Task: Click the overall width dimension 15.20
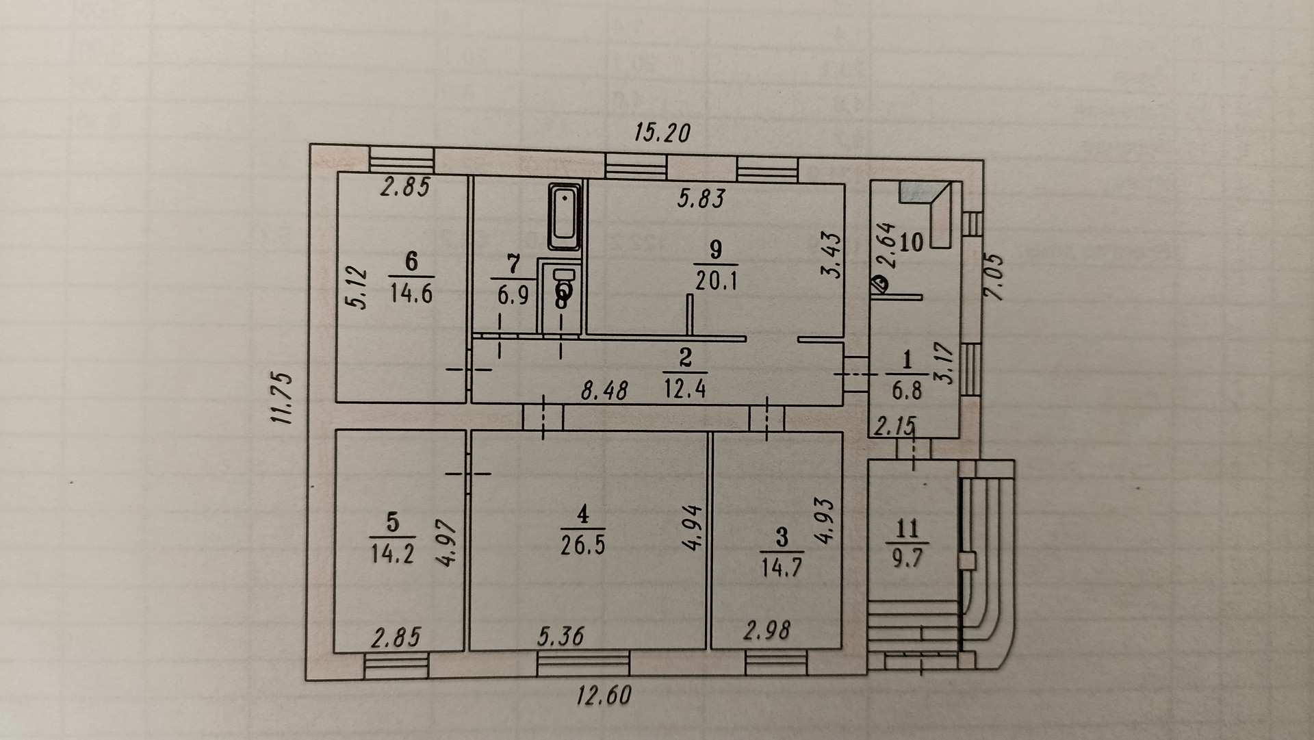point(661,132)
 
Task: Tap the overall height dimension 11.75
point(283,398)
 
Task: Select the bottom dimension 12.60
point(603,696)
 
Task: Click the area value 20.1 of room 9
point(716,280)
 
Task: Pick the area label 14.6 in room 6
point(411,294)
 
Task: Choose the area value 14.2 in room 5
point(393,553)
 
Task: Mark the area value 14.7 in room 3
point(782,567)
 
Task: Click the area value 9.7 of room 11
point(907,557)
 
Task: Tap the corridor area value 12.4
point(684,389)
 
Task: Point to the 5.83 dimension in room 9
point(701,199)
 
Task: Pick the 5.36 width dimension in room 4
point(561,637)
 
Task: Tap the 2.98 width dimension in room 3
point(767,630)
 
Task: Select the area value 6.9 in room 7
point(513,296)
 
